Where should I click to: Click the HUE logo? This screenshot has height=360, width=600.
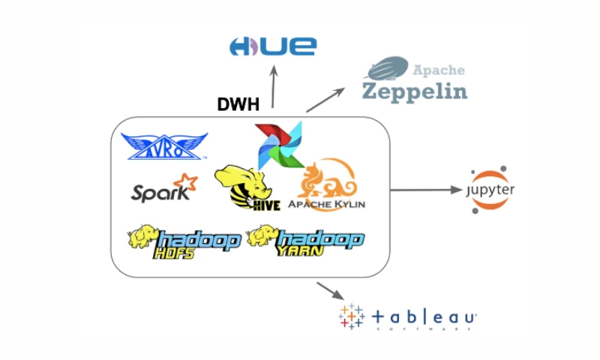[272, 46]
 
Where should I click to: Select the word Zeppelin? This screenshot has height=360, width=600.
[415, 91]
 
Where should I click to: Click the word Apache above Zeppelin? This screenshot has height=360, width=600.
[438, 70]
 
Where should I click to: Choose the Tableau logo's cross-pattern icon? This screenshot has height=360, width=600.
[351, 317]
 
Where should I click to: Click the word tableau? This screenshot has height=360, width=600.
[424, 318]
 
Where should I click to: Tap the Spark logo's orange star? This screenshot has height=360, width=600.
[184, 183]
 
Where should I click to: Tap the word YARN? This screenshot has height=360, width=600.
[301, 253]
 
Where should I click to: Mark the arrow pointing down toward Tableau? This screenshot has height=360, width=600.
[330, 291]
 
